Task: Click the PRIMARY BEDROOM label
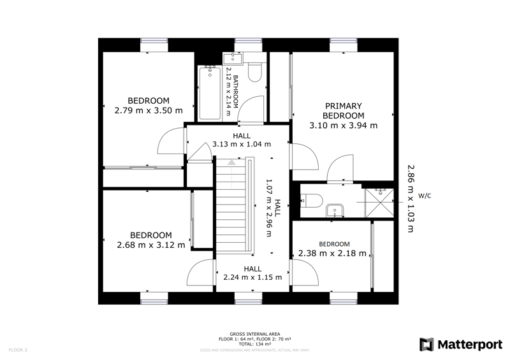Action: click(343, 111)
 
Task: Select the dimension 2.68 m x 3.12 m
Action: click(151, 245)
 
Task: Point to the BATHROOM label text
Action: click(235, 92)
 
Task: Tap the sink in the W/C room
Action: click(334, 210)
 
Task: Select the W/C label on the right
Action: click(425, 196)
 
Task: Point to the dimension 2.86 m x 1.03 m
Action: click(411, 198)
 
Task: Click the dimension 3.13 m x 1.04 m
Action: click(242, 144)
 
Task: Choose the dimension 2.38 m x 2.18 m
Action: click(333, 253)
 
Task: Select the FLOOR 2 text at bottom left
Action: click(18, 350)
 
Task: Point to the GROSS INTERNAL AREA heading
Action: click(254, 334)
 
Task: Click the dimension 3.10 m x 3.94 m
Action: click(343, 126)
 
